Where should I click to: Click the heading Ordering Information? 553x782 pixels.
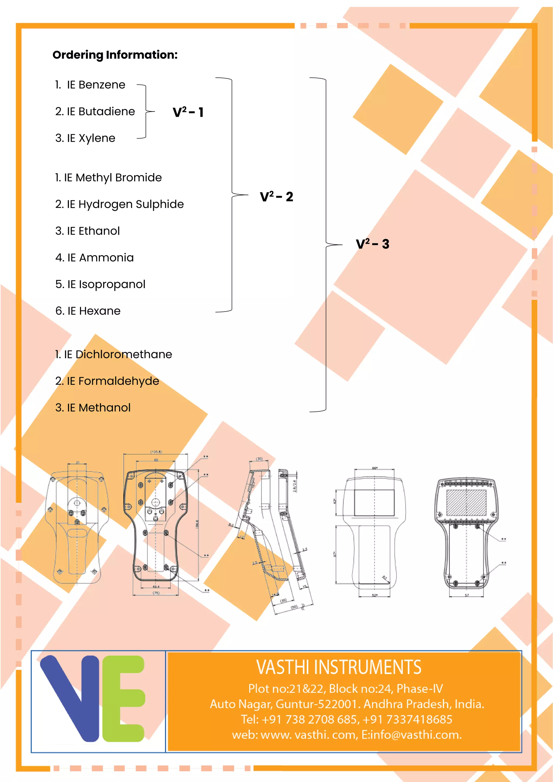[115, 55]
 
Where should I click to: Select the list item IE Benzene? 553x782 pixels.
[90, 85]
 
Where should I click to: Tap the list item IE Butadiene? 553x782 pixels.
[95, 111]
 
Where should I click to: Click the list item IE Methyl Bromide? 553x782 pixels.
[108, 177]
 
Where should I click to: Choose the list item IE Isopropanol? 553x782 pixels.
[100, 284]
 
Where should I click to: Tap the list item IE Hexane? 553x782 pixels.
[88, 311]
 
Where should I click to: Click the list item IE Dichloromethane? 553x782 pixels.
[113, 354]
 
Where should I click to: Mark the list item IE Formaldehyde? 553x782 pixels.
[107, 381]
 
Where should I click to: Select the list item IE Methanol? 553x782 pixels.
[93, 407]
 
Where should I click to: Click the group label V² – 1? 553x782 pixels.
[188, 112]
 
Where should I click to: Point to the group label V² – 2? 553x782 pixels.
[276, 197]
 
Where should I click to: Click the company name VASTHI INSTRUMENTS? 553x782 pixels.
[339, 667]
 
